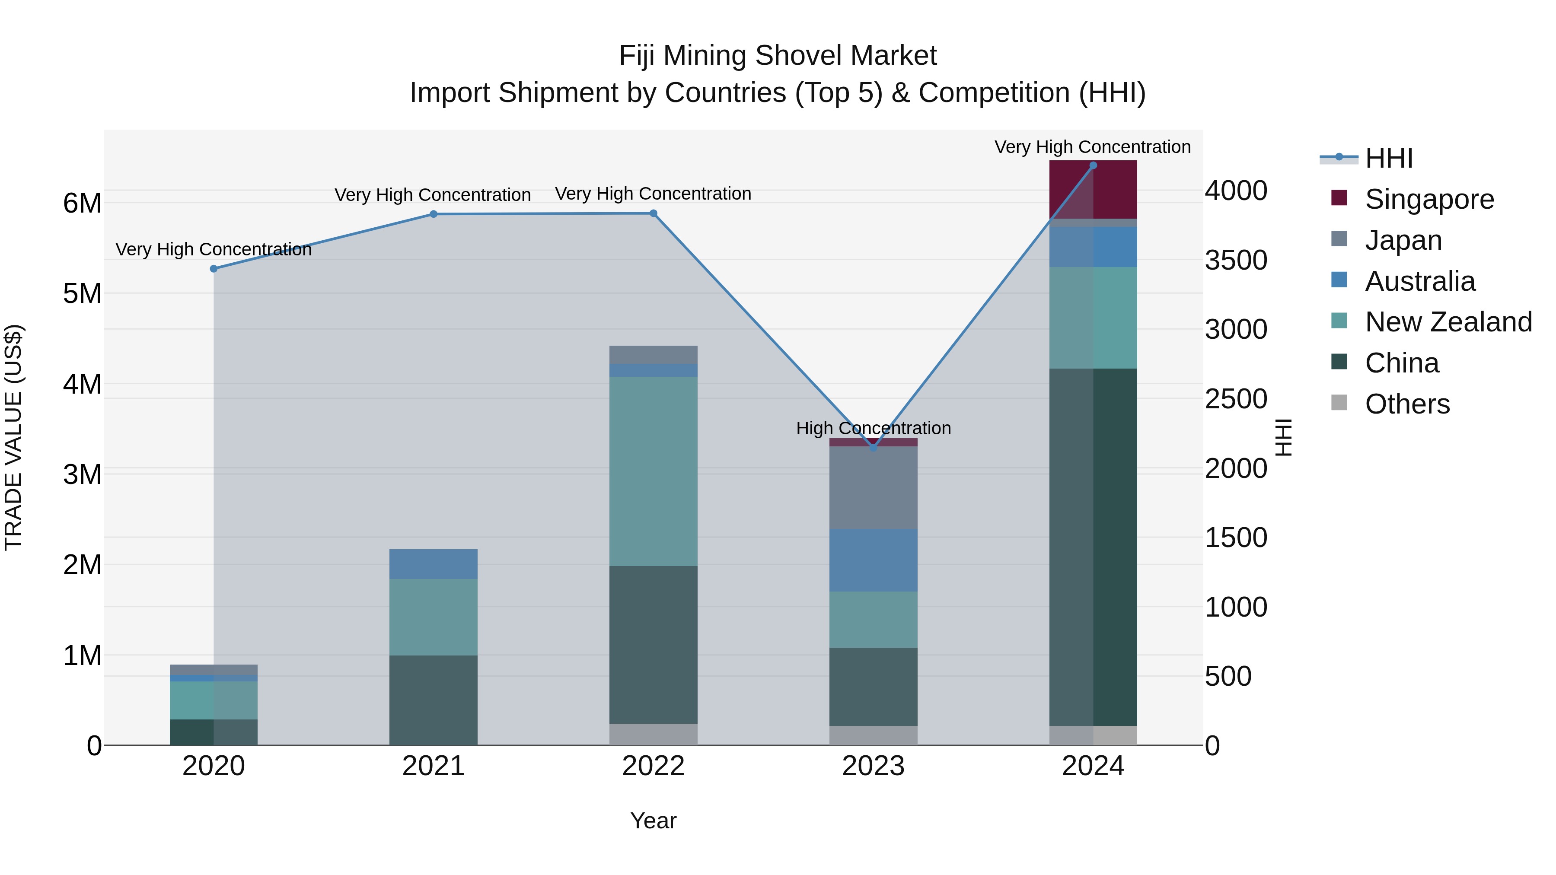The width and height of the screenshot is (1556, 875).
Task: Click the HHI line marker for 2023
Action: click(873, 448)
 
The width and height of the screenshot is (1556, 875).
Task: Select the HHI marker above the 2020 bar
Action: click(214, 269)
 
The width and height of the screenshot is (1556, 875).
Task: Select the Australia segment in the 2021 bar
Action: click(433, 564)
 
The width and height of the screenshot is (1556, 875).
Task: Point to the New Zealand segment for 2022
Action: click(653, 471)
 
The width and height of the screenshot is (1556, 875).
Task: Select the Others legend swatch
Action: click(1339, 403)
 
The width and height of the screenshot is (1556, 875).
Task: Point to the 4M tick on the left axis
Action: click(83, 384)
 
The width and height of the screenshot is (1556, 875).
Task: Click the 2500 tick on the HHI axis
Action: click(1236, 399)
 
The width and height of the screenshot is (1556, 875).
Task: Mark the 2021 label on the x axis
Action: click(433, 766)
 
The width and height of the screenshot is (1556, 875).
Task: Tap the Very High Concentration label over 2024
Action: click(1092, 147)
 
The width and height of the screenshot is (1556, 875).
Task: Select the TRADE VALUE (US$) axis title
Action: click(13, 437)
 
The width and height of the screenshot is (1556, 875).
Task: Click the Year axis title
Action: click(653, 821)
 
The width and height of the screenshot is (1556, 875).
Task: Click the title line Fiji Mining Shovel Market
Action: click(778, 56)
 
